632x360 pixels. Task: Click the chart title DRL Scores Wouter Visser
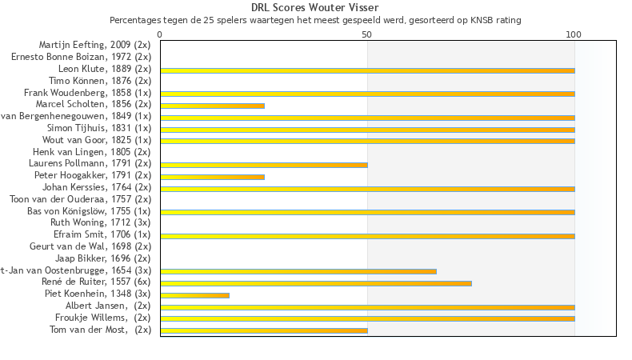[x=315, y=7]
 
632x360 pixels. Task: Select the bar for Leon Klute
[x=367, y=70]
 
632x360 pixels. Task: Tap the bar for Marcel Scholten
[x=212, y=106]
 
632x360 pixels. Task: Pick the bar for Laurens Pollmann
[x=264, y=165]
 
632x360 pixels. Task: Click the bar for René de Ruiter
[x=316, y=283]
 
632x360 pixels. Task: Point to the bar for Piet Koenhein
[x=194, y=295]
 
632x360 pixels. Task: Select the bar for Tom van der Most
[x=264, y=330]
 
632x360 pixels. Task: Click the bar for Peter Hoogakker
[x=212, y=177]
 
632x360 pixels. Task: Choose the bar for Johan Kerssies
[x=367, y=189]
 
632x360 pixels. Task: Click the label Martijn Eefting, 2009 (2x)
[x=94, y=45]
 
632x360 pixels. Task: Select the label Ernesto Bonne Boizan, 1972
[x=81, y=57]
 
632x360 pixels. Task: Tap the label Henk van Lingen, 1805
[x=91, y=151]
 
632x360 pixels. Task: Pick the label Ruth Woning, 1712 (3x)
[x=100, y=222]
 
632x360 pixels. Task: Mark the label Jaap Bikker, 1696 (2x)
[x=102, y=258]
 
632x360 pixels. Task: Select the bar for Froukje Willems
[x=367, y=318]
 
